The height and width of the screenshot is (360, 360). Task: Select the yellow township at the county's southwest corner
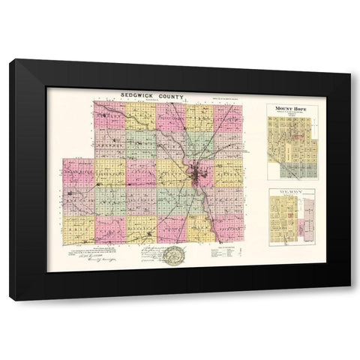[78, 229]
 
